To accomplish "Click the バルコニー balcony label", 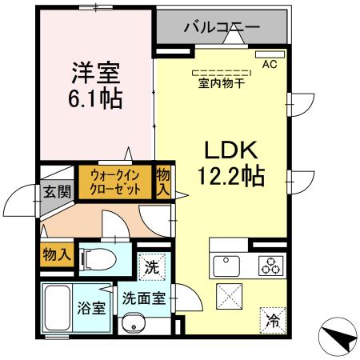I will click(x=222, y=26).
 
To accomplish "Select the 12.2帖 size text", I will click(x=232, y=174).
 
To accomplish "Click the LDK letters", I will click(x=232, y=149).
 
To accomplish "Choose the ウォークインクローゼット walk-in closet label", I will click(x=114, y=182).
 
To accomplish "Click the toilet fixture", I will click(x=97, y=257).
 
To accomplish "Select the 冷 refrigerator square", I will click(x=272, y=322).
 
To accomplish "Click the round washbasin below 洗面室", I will click(x=134, y=323).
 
